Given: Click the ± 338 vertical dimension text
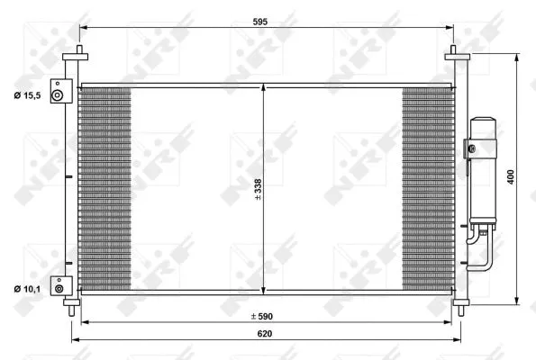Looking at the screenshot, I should (259, 188).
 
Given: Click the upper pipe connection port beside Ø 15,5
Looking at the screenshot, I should (58, 96).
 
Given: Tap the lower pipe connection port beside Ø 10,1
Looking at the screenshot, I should (59, 288).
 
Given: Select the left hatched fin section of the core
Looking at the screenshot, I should (104, 189).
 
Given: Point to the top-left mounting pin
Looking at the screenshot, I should (78, 53).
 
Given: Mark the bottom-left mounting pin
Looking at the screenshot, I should (70, 308).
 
